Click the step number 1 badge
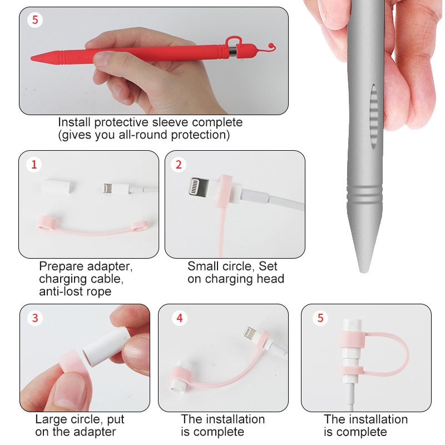tap(34, 165)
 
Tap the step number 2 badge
tap(179, 165)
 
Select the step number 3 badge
tap(35, 318)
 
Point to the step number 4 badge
tap(179, 318)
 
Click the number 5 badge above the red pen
tap(35, 20)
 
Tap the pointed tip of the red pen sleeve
tap(31, 58)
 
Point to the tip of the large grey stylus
tap(363, 271)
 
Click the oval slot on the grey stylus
tap(374, 117)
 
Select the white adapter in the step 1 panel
tap(58, 186)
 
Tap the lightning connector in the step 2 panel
tap(199, 186)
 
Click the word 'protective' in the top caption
tap(121, 122)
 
